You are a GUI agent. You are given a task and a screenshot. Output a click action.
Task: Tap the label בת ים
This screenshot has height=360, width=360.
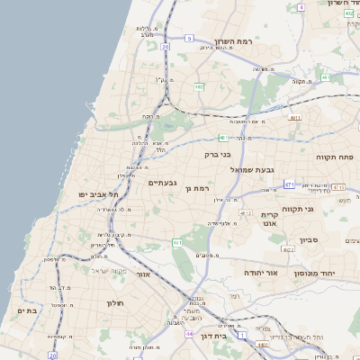point(27,310)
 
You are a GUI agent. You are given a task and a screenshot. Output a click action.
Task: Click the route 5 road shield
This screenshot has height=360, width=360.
point(190,38)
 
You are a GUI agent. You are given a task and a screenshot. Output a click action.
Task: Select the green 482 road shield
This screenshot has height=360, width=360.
point(197,86)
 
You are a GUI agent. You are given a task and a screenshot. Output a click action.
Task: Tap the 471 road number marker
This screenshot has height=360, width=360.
point(289,184)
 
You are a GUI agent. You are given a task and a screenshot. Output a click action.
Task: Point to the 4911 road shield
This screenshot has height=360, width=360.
point(294,117)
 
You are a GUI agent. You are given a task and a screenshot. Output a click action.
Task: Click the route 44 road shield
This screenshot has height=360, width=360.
point(189,334)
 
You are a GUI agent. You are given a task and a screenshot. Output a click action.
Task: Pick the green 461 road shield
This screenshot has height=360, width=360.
point(178,242)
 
